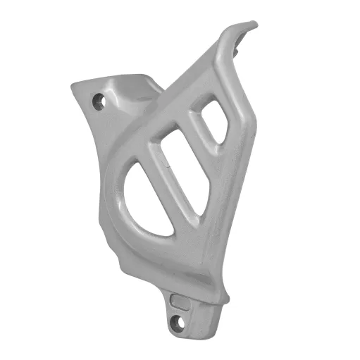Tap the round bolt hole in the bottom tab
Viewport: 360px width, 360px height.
tap(177, 323)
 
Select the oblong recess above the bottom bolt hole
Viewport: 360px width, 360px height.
tap(180, 303)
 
